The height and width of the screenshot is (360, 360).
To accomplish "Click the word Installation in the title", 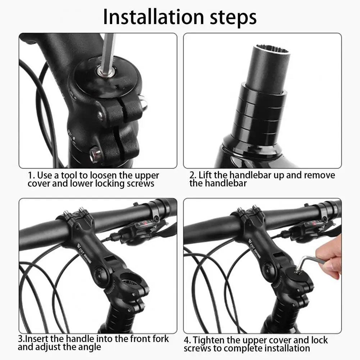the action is pyautogui.click(x=154, y=17).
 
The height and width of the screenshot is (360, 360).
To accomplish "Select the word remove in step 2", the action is pyautogui.click(x=319, y=175).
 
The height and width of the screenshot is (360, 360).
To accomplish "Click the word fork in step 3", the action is pyautogui.click(x=159, y=339).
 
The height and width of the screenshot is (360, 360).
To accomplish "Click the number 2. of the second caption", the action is pyautogui.click(x=193, y=176).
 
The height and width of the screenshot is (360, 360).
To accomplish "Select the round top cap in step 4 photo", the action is pyautogui.click(x=297, y=275).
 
